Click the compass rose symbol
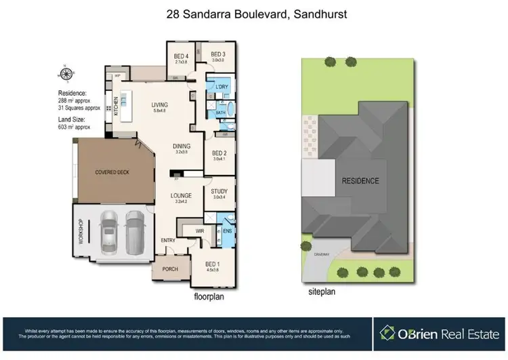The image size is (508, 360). click(66, 75)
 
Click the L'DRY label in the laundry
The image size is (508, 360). click(221, 88)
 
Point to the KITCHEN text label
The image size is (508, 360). click(117, 106)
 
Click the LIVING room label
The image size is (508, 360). click(160, 104)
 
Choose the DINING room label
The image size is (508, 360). click(180, 146)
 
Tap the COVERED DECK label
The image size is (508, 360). click(112, 172)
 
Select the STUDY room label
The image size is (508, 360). click(219, 192)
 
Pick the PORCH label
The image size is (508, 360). click(170, 269)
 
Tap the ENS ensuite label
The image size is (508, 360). click(227, 231)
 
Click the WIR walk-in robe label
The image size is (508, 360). click(200, 231)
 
